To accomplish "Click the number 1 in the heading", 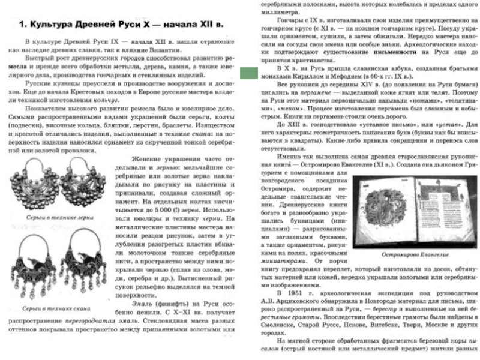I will click(22, 25).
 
